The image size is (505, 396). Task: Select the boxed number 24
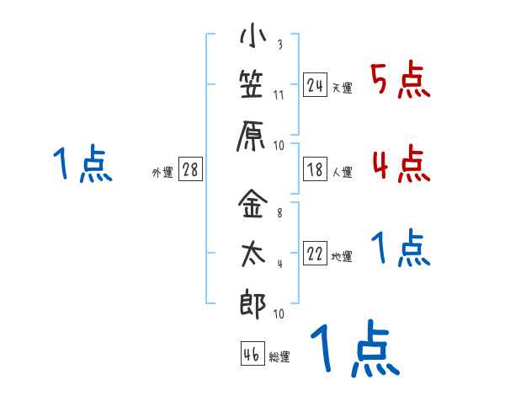[316, 84]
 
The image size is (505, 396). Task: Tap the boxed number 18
[316, 169]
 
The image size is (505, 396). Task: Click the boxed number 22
[316, 254]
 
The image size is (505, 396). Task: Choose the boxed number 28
[190, 169]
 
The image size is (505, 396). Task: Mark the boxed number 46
[251, 354]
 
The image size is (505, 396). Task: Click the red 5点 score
[401, 80]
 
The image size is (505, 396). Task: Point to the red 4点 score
[401, 163]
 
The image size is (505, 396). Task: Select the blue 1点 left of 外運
[82, 164]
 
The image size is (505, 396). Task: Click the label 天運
[342, 88]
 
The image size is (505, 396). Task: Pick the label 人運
[342, 173]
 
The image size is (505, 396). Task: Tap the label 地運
[342, 257]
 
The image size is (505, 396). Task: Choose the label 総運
[280, 357]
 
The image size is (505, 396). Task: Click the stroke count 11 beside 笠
[279, 94]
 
